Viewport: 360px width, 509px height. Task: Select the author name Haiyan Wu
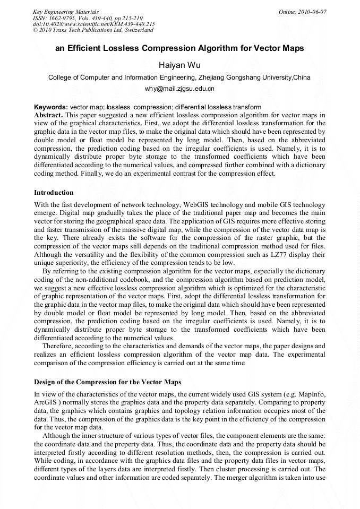point(179,65)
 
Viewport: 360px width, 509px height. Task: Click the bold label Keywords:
point(50,107)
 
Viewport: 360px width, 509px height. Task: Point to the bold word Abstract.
point(48,115)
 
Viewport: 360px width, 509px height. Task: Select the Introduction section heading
point(54,192)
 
